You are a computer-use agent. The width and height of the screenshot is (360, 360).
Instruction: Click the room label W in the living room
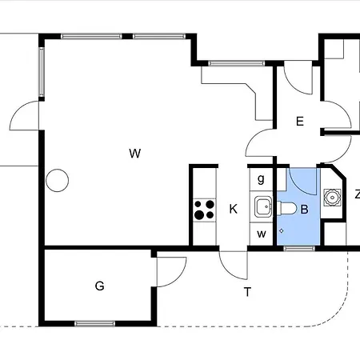point(134,154)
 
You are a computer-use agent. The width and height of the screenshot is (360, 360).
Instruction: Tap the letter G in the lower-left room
point(99,286)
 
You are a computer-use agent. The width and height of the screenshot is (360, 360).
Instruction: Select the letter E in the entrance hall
point(300,122)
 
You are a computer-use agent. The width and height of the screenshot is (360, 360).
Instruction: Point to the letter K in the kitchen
point(234,209)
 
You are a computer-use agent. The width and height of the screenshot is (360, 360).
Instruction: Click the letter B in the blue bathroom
point(305,210)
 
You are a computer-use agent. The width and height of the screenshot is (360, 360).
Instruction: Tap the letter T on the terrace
point(247,292)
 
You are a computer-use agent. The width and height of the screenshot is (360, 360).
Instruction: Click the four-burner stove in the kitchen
point(204,210)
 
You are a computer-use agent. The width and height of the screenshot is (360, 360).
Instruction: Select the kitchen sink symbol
point(263,206)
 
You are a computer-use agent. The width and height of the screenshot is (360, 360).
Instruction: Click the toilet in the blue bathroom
point(286,208)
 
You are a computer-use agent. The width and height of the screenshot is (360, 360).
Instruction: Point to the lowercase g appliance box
point(261,179)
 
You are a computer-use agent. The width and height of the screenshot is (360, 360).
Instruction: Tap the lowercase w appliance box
point(261,234)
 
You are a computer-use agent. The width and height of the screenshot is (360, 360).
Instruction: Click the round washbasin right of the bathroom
point(332,198)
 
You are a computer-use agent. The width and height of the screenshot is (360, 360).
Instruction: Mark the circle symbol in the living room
point(57,181)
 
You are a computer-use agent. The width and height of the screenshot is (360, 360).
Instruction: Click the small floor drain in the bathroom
point(281,231)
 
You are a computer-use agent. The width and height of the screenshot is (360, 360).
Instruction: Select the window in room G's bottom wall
point(95,324)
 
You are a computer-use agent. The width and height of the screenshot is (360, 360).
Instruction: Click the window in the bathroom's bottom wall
point(299,249)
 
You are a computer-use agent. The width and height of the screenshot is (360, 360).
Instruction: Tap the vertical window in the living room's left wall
point(42,72)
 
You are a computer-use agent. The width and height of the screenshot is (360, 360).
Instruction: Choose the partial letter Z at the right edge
point(358,194)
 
